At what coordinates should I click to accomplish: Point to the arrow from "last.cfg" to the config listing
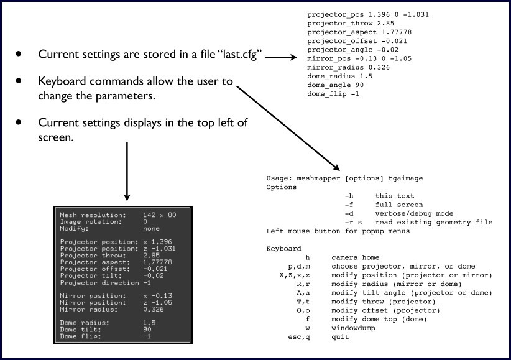[280, 57]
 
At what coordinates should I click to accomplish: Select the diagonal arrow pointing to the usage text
[288, 129]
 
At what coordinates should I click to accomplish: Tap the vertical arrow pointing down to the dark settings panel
[127, 172]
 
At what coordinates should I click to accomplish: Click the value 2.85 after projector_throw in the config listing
[385, 24]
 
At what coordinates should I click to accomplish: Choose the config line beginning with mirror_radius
[348, 68]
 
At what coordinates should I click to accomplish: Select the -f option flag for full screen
[349, 205]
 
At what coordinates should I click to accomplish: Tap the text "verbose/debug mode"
[414, 214]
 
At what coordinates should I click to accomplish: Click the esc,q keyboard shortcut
[299, 337]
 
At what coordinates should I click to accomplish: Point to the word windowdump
[353, 328]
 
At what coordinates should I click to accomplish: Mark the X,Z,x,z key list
[295, 275]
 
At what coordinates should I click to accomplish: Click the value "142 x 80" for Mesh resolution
[159, 215]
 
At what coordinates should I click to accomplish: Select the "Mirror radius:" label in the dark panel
[89, 310]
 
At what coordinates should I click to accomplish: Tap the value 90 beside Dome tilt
[147, 330]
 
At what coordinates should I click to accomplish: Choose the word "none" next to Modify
[151, 229]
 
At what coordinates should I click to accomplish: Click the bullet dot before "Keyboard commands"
[19, 81]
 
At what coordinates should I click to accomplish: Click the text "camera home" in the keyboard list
[355, 257]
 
